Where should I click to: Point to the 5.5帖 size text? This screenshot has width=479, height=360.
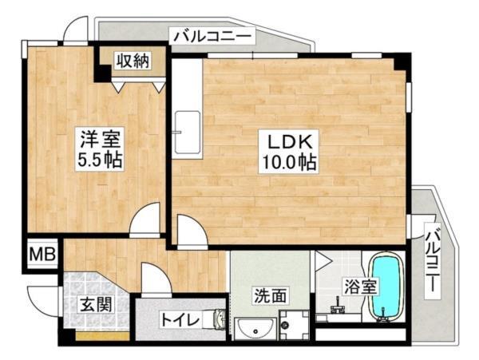[98, 159]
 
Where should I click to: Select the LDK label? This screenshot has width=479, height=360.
[288, 141]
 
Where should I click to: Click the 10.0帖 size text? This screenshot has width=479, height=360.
[288, 163]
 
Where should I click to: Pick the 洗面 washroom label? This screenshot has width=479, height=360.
[269, 295]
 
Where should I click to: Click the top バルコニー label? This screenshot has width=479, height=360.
[212, 36]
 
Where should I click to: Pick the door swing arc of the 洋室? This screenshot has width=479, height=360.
[145, 220]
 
